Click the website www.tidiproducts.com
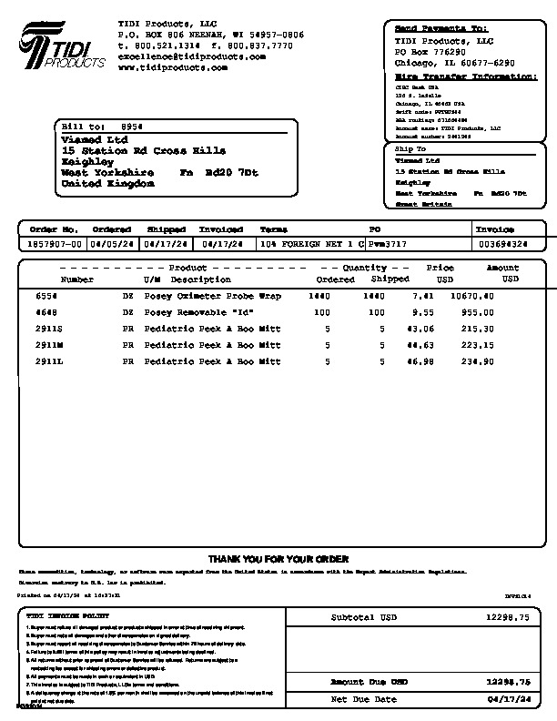pos(162,67)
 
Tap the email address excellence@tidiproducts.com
pos(191,56)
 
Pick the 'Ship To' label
pos(410,148)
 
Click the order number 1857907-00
pos(55,244)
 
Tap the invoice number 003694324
pos(502,244)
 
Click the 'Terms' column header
pos(273,230)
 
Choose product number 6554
pos(46,296)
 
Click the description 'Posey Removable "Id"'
pos(198,312)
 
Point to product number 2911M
pos(49,345)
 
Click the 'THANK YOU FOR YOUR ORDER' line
pos(278,559)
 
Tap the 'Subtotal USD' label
pos(363,617)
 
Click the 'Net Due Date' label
pos(363,698)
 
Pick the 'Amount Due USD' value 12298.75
pos(507,681)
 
